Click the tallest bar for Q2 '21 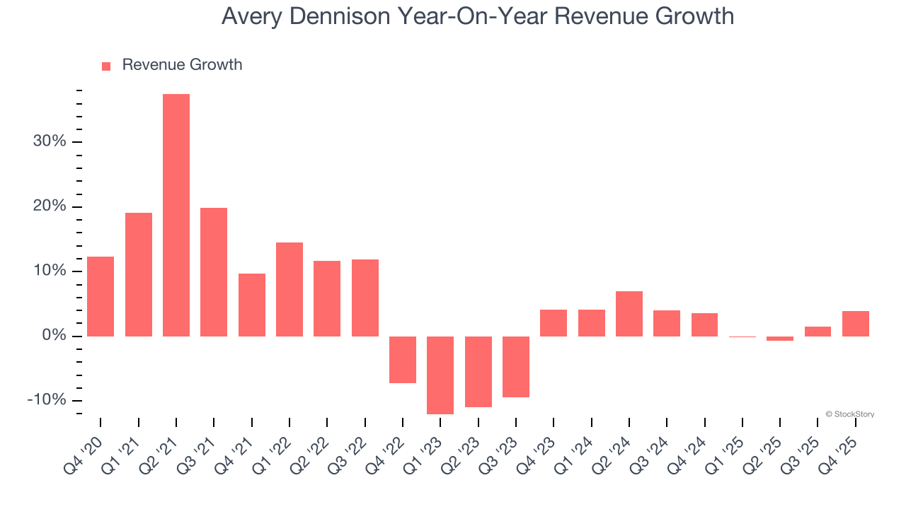[176, 215]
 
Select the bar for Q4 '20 [101, 296]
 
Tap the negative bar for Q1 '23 [440, 375]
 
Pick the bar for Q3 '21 [214, 271]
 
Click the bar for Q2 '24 [629, 313]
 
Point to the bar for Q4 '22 [403, 359]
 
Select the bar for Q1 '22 [289, 289]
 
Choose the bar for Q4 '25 [856, 323]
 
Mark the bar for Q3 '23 [516, 366]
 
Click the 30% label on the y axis [50, 141]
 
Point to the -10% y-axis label [47, 400]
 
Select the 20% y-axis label [50, 206]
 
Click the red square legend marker [106, 66]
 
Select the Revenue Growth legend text [182, 65]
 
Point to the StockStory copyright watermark [849, 414]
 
